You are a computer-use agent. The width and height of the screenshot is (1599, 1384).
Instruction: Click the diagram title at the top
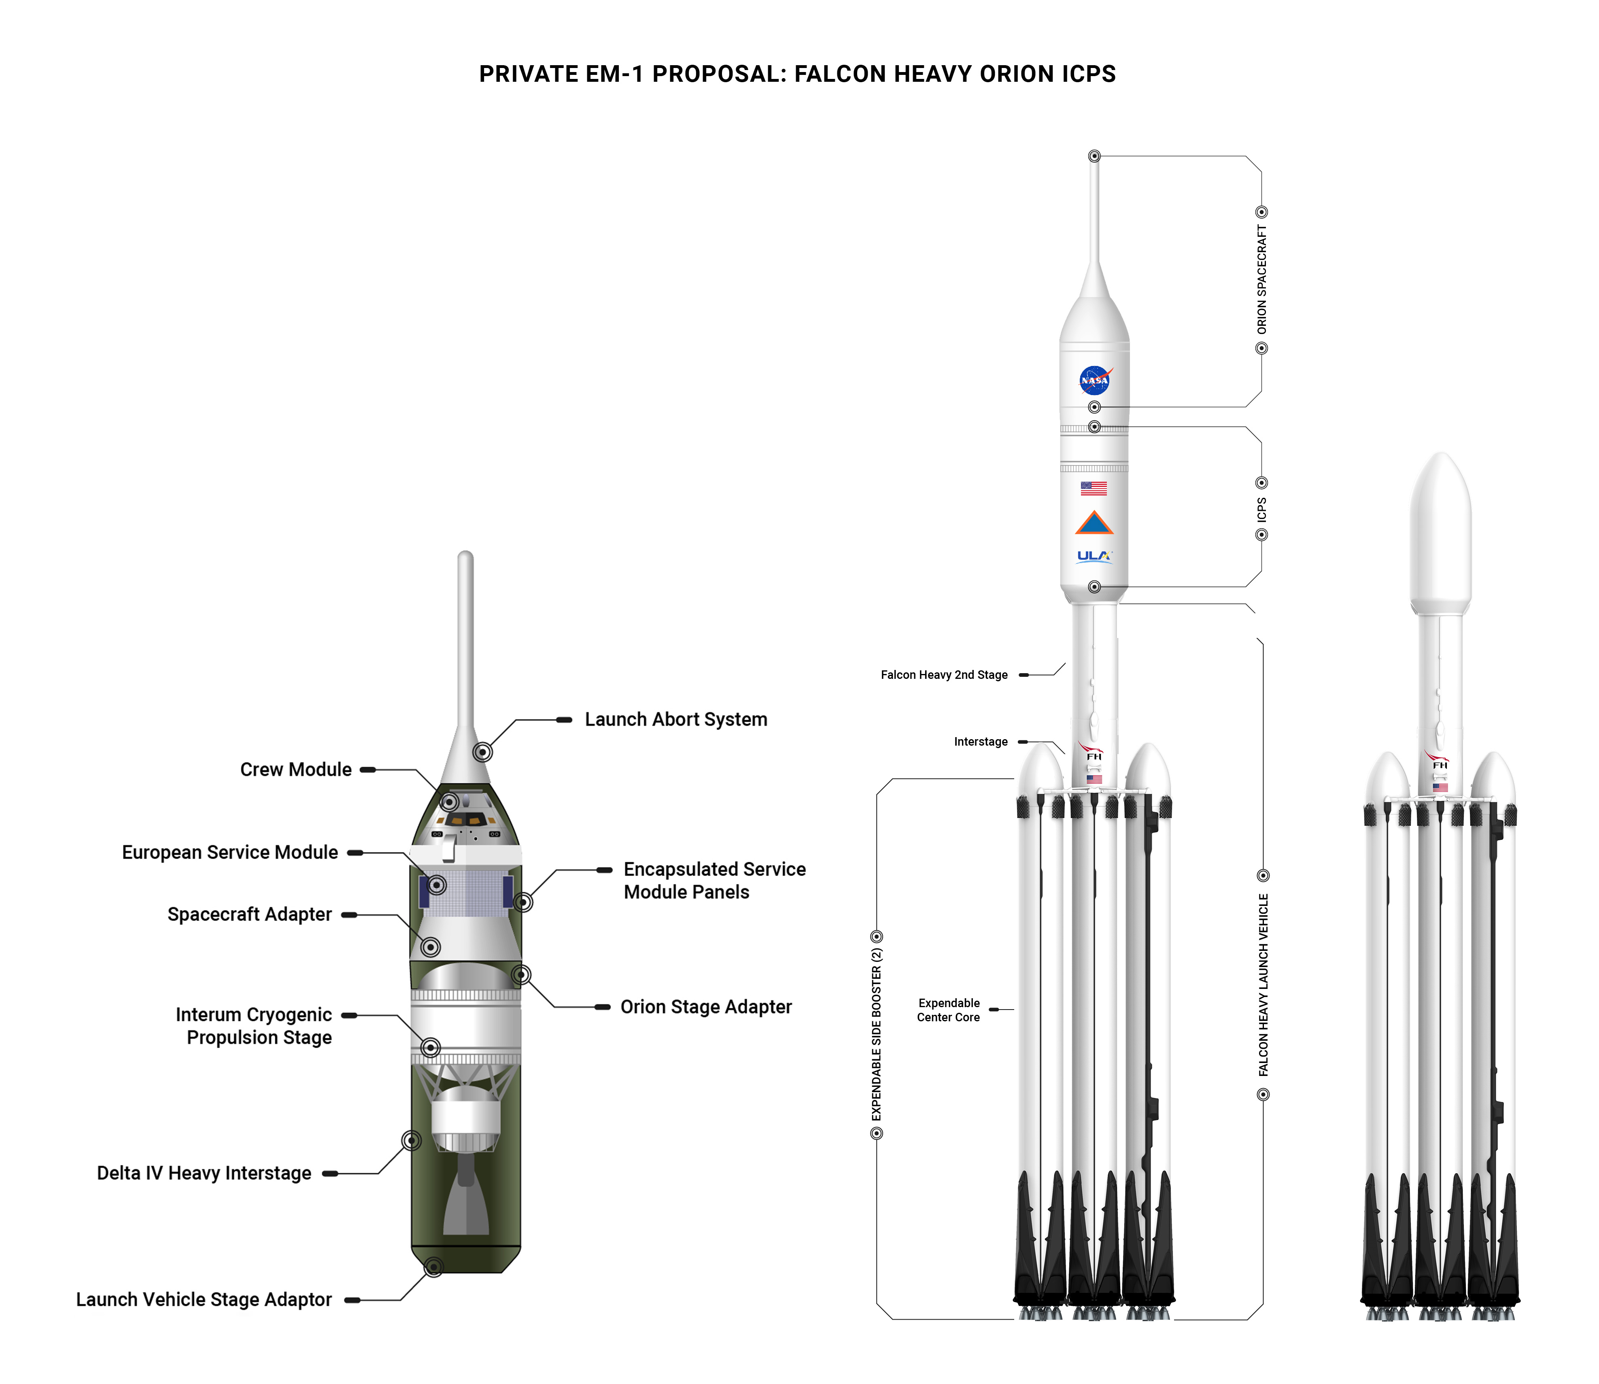point(797,74)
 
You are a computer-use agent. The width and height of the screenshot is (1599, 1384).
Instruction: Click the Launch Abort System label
point(675,720)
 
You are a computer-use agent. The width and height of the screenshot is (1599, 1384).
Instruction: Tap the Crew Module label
point(296,770)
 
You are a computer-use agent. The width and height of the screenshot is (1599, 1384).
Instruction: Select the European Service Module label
point(230,853)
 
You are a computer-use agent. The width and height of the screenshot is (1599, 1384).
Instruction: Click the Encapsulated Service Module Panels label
point(714,881)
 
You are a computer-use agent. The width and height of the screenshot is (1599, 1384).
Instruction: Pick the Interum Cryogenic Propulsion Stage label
point(254,1027)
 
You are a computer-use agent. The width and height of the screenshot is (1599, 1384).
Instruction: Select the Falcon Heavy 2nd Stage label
point(944,675)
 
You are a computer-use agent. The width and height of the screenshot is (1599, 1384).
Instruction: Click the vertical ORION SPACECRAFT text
point(1261,280)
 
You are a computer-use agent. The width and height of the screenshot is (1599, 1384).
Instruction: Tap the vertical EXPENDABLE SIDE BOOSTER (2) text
point(876,1035)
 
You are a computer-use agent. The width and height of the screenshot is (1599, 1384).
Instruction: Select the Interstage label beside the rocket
point(981,742)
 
